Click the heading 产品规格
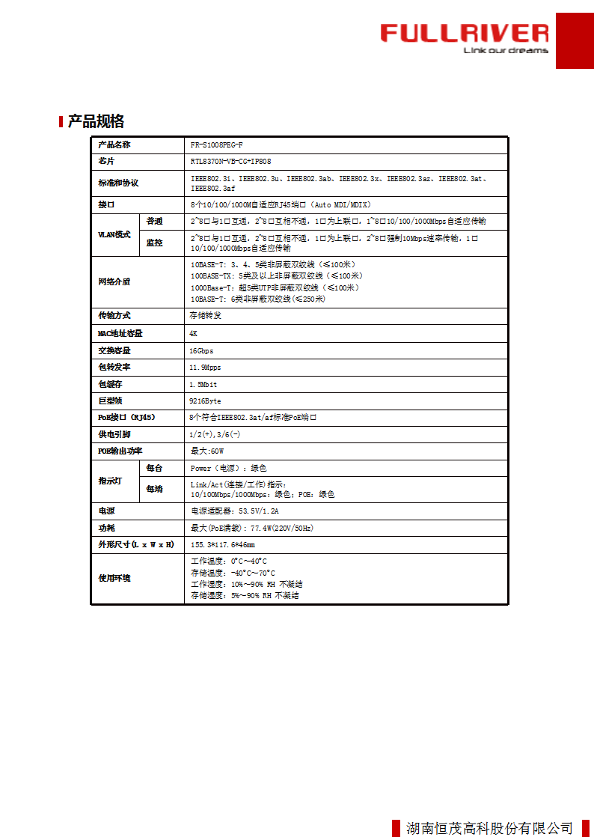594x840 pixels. [96, 121]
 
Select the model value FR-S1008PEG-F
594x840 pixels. [217, 144]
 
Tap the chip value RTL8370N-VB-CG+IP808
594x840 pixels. [230, 162]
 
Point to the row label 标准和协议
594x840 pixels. [118, 183]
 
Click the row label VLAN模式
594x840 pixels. [114, 234]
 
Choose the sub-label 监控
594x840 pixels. [154, 243]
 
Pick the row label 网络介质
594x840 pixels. [114, 282]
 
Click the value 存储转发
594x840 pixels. [206, 316]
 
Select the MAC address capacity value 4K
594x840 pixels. [194, 333]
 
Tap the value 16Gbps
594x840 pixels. [201, 350]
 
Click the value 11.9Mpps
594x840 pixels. [206, 368]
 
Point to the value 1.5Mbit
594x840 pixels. [203, 384]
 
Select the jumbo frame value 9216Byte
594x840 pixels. [206, 401]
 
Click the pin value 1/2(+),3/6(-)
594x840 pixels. [215, 434]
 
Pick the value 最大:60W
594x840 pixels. [207, 451]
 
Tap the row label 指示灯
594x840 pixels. [110, 481]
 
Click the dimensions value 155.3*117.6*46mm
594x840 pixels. [223, 545]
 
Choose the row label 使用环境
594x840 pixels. [114, 579]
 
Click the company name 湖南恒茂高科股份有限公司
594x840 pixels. [489, 828]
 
